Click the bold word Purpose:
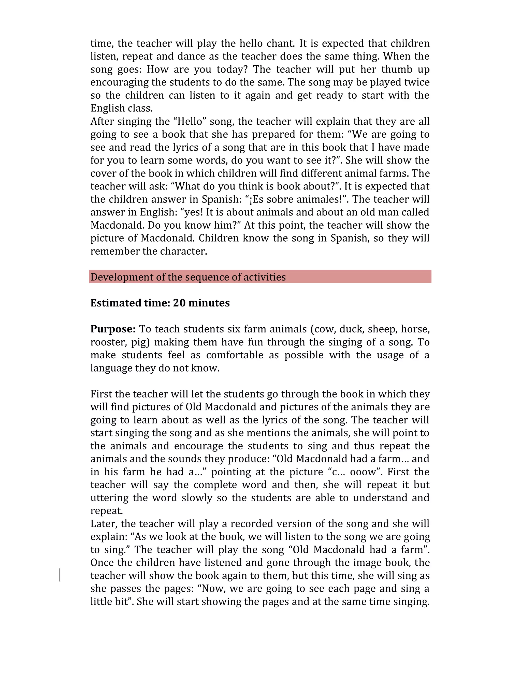click(x=113, y=329)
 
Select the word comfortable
click(x=235, y=355)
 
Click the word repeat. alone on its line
click(x=107, y=511)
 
